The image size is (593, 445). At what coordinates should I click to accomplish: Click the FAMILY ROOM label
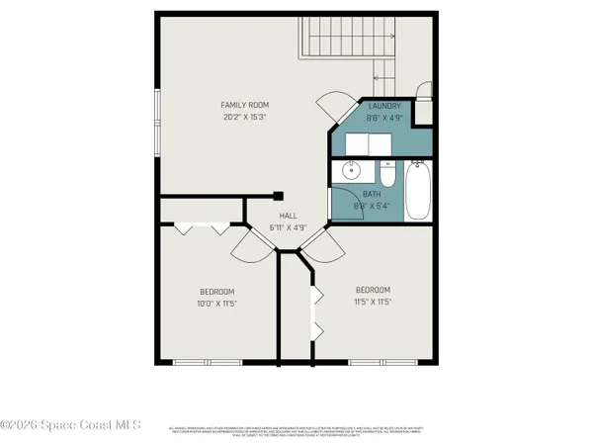244,105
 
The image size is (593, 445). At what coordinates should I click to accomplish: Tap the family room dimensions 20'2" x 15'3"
244,117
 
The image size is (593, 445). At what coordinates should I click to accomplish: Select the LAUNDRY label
384,105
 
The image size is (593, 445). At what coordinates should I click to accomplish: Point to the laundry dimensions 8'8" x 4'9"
384,117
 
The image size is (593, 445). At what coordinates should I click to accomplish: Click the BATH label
372,195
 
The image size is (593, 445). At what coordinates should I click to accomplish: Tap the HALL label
288,216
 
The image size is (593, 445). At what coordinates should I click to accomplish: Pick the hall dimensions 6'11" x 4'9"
288,227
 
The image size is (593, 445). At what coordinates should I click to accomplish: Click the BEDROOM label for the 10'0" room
217,291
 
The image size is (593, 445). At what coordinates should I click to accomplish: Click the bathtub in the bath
419,194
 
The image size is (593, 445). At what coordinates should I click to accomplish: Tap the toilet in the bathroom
386,175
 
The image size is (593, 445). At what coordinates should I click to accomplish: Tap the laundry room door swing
332,106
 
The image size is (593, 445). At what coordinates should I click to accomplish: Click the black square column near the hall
279,195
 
